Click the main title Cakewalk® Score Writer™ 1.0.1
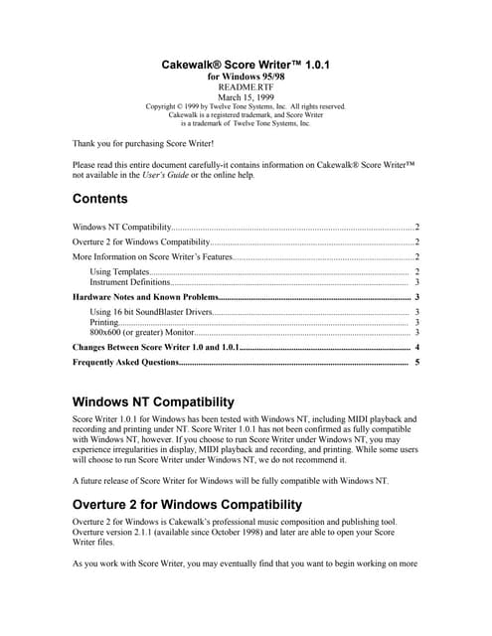pos(245,65)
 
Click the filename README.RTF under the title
pos(245,86)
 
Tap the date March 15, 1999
pos(245,96)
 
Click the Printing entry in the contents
pos(104,323)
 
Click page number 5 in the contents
pos(417,363)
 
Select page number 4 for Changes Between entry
pos(417,348)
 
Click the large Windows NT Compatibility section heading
pos(154,402)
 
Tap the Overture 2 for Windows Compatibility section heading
pos(187,504)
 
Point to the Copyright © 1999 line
pos(245,106)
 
